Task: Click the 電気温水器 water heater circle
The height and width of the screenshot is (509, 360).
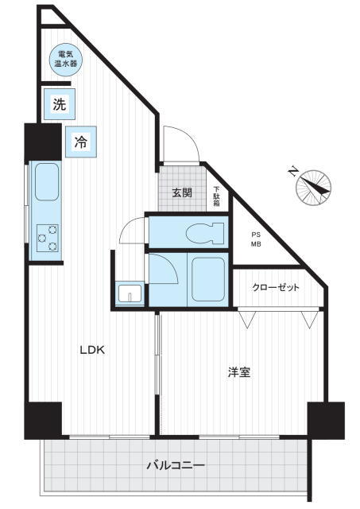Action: (x=65, y=60)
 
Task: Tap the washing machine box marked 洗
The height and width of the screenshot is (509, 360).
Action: (x=60, y=104)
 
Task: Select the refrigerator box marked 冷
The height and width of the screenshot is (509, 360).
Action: (x=81, y=142)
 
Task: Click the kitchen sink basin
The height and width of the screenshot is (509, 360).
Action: (x=47, y=181)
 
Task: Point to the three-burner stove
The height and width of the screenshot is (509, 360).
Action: (x=48, y=238)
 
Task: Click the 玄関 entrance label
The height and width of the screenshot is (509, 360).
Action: (x=182, y=192)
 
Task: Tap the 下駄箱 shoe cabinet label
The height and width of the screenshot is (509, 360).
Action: (x=217, y=196)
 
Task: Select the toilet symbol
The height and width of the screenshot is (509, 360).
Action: (x=205, y=233)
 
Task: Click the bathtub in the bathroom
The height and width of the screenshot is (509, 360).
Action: (x=208, y=279)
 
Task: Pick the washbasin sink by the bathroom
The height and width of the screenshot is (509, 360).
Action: (x=130, y=293)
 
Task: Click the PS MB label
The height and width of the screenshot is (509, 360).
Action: (x=256, y=239)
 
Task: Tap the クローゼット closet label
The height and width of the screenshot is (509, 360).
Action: (x=276, y=287)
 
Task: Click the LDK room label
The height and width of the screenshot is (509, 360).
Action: (x=92, y=350)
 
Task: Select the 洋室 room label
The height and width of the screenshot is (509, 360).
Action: (x=239, y=372)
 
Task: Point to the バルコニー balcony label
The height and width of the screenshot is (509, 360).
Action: (x=176, y=465)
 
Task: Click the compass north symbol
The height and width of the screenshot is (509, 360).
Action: (x=313, y=188)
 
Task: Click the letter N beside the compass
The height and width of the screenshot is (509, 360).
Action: (x=293, y=171)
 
